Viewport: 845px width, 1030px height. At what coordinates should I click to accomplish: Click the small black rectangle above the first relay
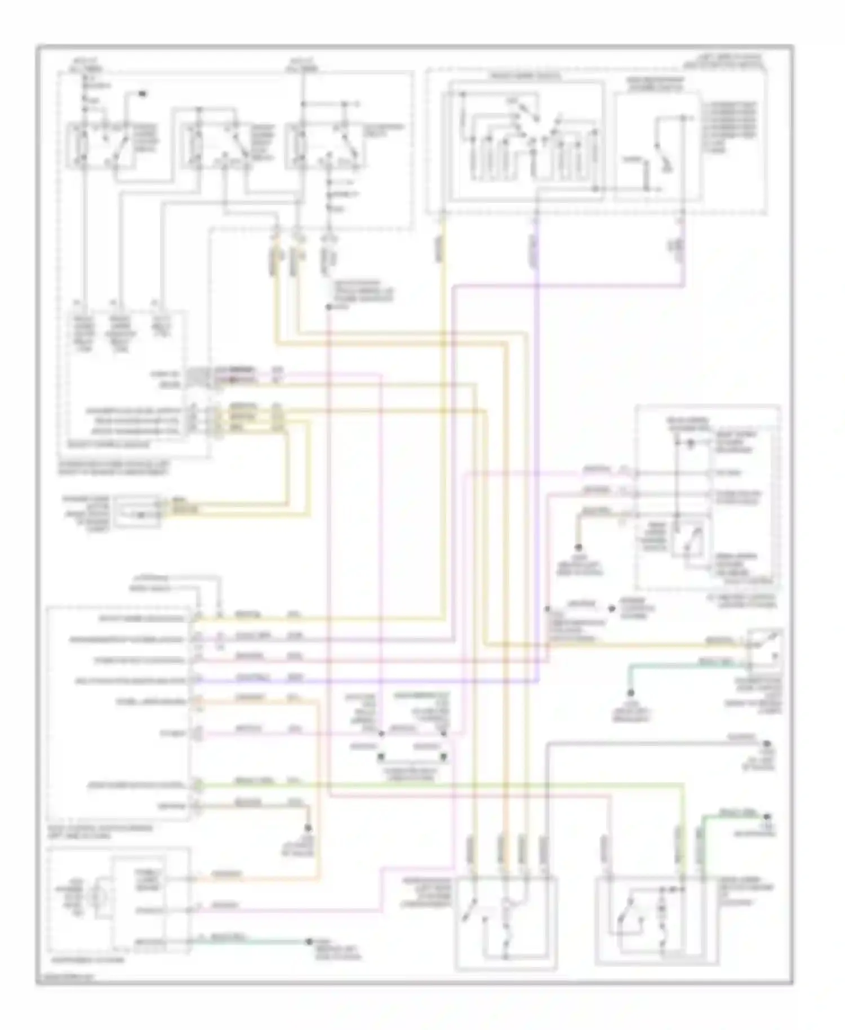[x=143, y=92]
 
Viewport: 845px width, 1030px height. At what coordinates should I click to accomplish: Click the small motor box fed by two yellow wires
[x=135, y=512]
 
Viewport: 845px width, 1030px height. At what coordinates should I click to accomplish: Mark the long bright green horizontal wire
[x=439, y=784]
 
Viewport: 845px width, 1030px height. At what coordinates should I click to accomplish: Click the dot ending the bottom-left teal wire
[x=309, y=942]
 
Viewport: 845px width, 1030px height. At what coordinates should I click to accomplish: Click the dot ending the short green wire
[x=768, y=816]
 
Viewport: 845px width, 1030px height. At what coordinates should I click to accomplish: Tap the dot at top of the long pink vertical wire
[x=328, y=308]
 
